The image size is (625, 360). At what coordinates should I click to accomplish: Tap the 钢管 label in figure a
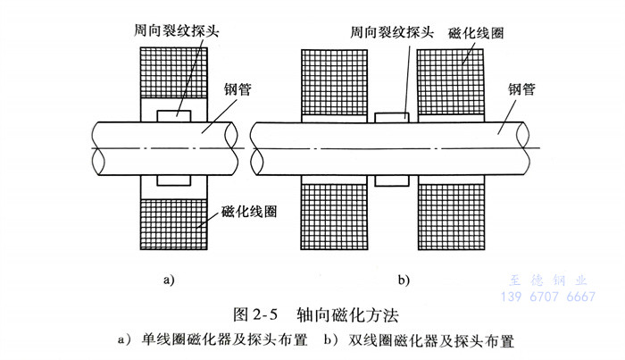(237, 90)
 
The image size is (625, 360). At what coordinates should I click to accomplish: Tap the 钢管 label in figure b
(526, 88)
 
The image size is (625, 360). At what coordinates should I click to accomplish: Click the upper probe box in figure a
(173, 115)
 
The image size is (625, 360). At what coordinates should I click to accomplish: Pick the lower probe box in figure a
(173, 180)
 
